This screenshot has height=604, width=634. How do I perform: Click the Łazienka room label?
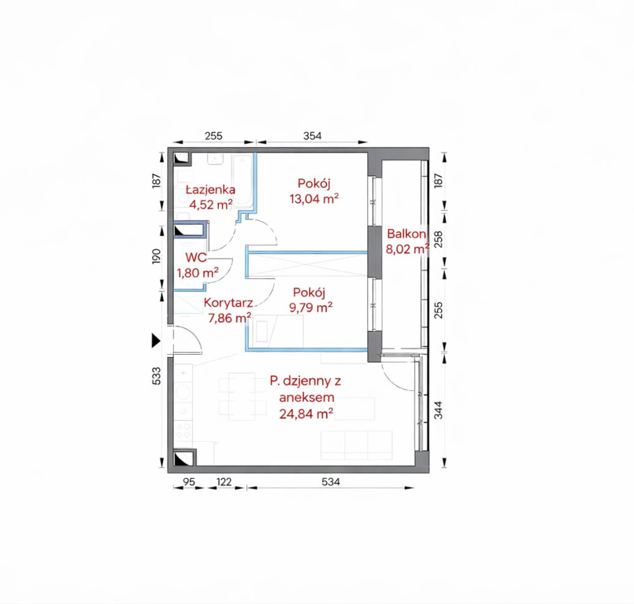click(210, 190)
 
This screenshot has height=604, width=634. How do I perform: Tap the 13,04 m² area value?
click(314, 199)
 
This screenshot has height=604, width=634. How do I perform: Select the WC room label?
click(196, 258)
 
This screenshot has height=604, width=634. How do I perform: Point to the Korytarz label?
click(228, 303)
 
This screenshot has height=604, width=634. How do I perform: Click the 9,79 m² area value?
click(311, 308)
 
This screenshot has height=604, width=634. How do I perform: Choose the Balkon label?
click(406, 234)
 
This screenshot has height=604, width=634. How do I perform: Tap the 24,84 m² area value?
click(306, 414)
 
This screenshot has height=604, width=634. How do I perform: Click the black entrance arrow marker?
click(156, 341)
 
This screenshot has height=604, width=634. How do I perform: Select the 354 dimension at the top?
click(313, 136)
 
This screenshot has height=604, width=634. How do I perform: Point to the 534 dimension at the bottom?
click(331, 481)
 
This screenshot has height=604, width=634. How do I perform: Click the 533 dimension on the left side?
click(156, 376)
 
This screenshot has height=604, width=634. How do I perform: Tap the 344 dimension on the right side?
click(439, 410)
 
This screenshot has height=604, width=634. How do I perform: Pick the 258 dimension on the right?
click(439, 239)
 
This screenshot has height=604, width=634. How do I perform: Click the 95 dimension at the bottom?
click(189, 481)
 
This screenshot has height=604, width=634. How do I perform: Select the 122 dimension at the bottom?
click(224, 481)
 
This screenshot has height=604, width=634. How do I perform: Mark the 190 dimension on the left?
click(156, 257)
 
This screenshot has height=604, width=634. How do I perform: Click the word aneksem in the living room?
click(307, 397)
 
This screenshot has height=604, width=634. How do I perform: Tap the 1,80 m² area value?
click(198, 273)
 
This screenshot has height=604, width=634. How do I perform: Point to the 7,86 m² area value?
click(229, 319)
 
